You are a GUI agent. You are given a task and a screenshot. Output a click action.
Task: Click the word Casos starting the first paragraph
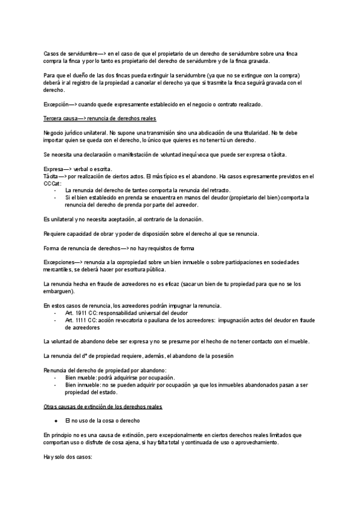click(52, 53)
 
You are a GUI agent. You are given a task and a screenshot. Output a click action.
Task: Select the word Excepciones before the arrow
click(61, 262)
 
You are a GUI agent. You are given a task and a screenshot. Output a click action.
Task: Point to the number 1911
click(80, 313)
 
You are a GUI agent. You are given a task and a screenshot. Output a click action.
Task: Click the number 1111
click(80, 321)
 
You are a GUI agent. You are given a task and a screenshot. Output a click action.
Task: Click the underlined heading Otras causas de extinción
click(103, 407)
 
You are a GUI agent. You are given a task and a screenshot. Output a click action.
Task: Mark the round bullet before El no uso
click(55, 421)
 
